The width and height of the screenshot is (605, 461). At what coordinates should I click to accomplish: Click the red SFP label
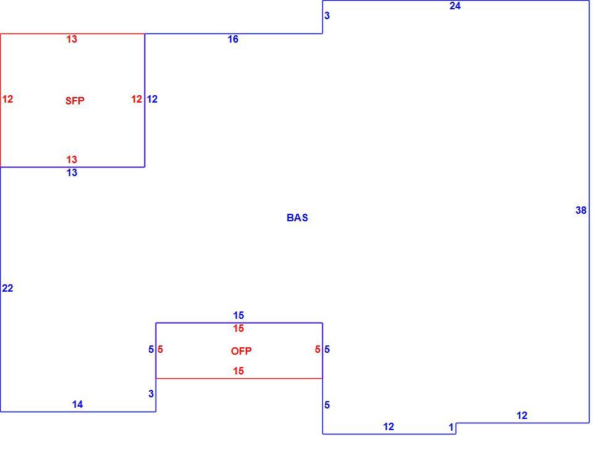(x=75, y=101)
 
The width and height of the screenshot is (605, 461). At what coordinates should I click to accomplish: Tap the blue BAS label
(x=298, y=218)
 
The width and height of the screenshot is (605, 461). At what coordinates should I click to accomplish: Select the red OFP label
(x=241, y=351)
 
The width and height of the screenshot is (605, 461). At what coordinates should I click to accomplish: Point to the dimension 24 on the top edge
(x=455, y=6)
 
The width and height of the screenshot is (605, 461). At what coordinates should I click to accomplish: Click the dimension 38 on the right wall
(x=581, y=210)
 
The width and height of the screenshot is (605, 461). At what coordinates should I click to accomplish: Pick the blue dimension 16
(x=233, y=39)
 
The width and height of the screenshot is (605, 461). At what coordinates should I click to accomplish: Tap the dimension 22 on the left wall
(x=7, y=288)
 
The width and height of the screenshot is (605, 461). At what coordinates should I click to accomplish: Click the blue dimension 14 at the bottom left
(x=77, y=404)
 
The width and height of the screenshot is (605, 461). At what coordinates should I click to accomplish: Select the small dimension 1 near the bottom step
(x=451, y=428)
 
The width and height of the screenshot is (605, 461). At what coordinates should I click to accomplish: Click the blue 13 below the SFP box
(x=72, y=172)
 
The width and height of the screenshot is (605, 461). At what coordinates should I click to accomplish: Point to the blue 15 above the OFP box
(x=238, y=315)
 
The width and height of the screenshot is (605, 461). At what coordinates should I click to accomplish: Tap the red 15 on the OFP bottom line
(x=238, y=371)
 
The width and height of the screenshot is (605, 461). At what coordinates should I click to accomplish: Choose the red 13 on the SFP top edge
(x=72, y=39)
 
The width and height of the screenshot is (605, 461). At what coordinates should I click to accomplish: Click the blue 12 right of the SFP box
(x=152, y=99)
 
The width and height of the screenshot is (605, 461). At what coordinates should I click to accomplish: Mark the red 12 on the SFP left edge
(x=7, y=99)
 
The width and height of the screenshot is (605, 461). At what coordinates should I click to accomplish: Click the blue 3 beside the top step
(x=327, y=16)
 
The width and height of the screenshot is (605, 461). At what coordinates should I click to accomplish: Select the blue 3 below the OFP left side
(x=151, y=394)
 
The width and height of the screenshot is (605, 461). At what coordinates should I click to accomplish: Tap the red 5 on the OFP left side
(x=160, y=349)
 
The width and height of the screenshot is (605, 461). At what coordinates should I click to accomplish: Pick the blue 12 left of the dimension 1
(x=388, y=426)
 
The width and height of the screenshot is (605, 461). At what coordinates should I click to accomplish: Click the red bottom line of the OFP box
(x=240, y=378)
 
